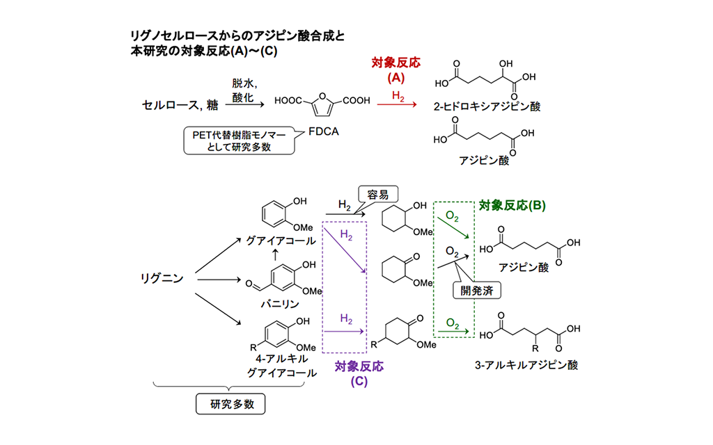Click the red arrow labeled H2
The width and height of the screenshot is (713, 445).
(x=397, y=105)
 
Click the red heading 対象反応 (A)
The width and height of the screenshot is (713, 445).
(x=396, y=69)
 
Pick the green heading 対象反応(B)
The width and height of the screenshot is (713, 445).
(x=512, y=206)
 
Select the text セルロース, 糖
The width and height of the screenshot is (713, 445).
(x=172, y=105)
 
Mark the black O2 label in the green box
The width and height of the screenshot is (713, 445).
(x=452, y=250)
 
